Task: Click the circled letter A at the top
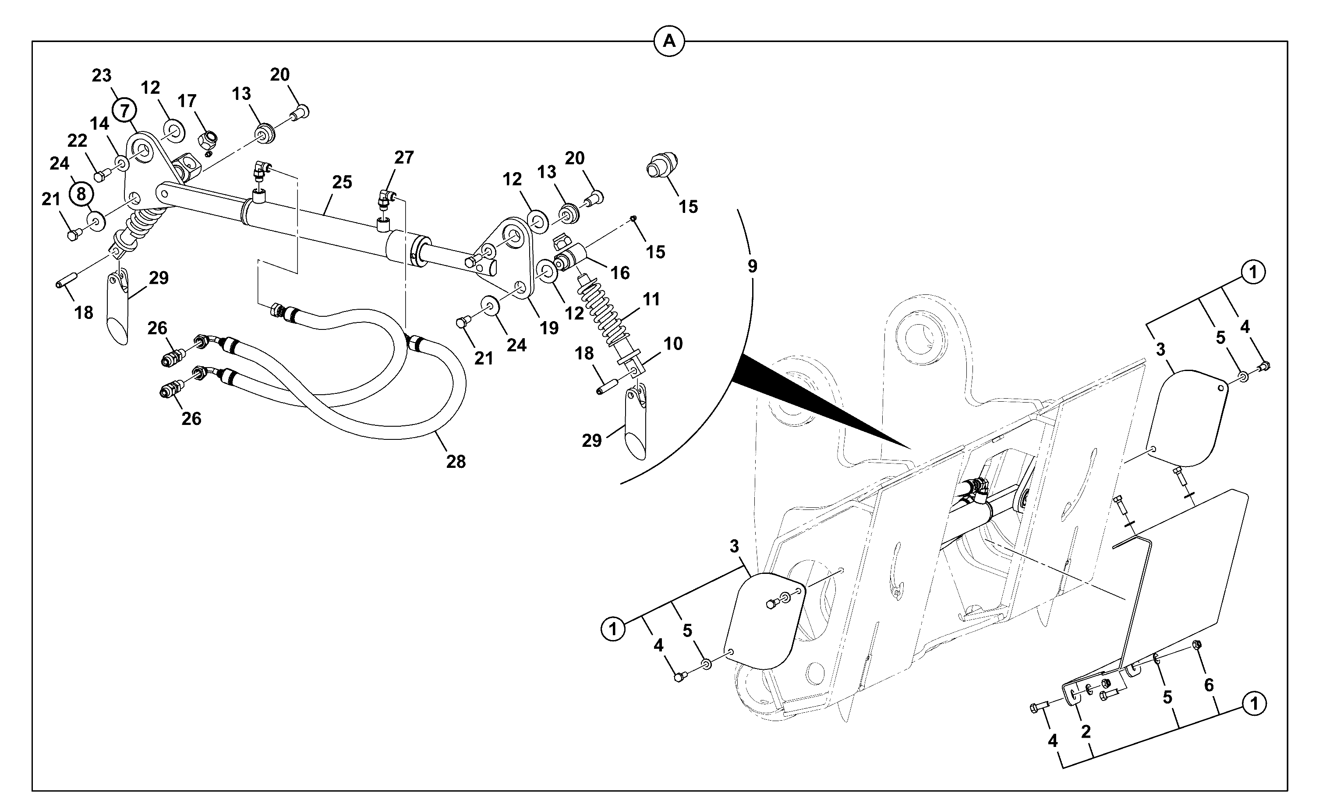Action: point(669,41)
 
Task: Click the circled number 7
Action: point(125,111)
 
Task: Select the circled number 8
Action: point(81,193)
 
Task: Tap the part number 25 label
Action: point(342,182)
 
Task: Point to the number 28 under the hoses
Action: point(456,461)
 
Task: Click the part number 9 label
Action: point(753,266)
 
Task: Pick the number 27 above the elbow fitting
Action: point(404,158)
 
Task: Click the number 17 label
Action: point(187,101)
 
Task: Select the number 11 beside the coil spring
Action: point(652,299)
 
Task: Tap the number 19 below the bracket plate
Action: point(549,328)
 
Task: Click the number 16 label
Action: point(620,272)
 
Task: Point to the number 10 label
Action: point(673,343)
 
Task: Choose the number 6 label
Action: point(1209,685)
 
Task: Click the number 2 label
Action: point(1086,732)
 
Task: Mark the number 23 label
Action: point(102,75)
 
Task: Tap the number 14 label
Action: point(99,124)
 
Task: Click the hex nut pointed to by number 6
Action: point(1198,644)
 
